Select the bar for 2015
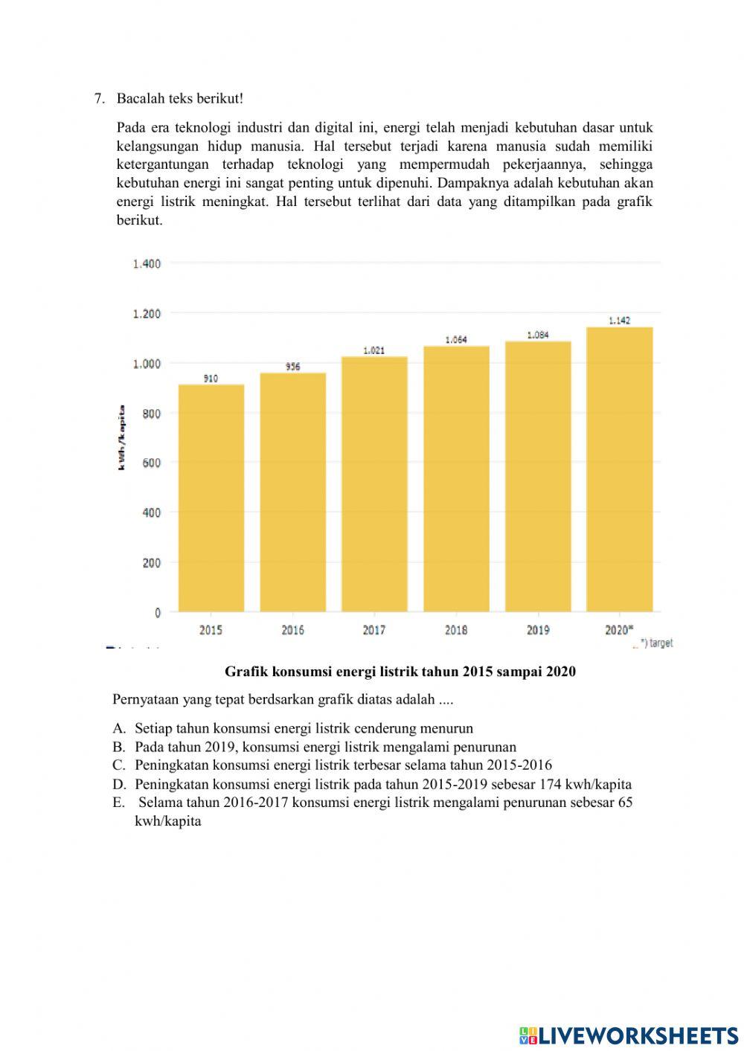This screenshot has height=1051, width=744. click(211, 498)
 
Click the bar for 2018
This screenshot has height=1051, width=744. click(456, 479)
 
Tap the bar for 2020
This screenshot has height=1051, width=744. click(619, 469)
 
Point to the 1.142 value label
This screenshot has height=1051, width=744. click(619, 321)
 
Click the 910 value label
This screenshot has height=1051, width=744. click(211, 379)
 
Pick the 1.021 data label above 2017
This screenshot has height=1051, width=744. click(374, 350)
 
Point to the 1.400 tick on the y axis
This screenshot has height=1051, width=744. click(147, 263)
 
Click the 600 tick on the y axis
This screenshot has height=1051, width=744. click(151, 463)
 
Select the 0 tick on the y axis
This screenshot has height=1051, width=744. click(157, 613)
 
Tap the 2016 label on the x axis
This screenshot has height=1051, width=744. click(292, 630)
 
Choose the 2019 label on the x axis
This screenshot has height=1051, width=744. click(538, 630)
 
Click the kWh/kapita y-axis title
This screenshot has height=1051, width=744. click(121, 437)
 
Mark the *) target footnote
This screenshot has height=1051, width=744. click(655, 643)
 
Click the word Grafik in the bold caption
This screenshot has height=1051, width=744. click(246, 672)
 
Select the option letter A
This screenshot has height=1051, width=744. click(118, 729)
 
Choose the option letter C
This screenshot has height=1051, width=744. click(118, 765)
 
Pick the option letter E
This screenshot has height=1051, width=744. click(118, 803)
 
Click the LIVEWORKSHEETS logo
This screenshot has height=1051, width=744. click(629, 1035)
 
